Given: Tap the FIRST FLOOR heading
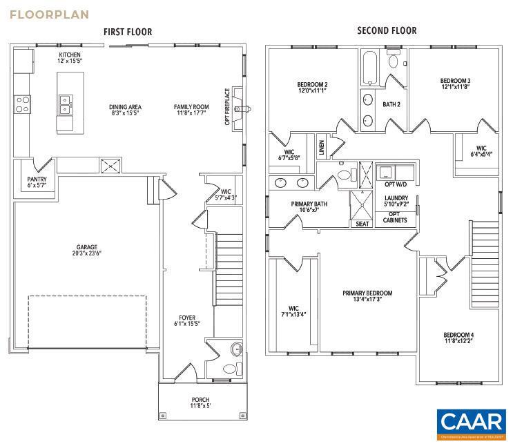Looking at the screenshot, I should (x=128, y=32).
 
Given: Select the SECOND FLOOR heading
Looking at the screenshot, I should (x=387, y=30).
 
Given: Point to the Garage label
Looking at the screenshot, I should (x=87, y=247).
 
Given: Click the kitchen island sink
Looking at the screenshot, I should (x=66, y=105).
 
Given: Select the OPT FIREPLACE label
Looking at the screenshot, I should (x=227, y=110).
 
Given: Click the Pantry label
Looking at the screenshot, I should (x=37, y=180).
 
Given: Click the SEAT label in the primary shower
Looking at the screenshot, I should (x=362, y=224).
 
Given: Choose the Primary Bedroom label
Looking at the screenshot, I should (x=367, y=293).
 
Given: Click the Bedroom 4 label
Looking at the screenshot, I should (x=458, y=335).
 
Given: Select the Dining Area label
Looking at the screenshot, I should (x=125, y=107).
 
